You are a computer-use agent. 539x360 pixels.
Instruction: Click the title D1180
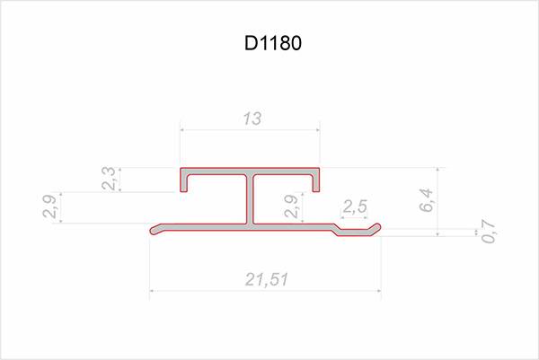pyautogui.click(x=273, y=43)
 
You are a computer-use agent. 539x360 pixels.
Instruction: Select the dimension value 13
pyautogui.click(x=252, y=119)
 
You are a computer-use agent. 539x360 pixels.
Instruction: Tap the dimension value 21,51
pyautogui.click(x=267, y=279)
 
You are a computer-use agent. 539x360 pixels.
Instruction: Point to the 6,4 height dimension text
pyautogui.click(x=427, y=200)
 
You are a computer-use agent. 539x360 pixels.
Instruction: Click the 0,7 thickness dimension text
pyautogui.click(x=489, y=232)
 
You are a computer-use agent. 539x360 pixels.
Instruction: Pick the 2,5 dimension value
pyautogui.click(x=355, y=206)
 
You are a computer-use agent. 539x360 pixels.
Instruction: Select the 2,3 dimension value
pyautogui.click(x=109, y=179)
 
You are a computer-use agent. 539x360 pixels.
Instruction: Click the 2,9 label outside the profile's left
pyautogui.click(x=49, y=206)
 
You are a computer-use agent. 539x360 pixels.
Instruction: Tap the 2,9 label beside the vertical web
pyautogui.click(x=291, y=206)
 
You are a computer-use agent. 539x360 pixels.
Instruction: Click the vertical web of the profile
pyautogui.click(x=250, y=200)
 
